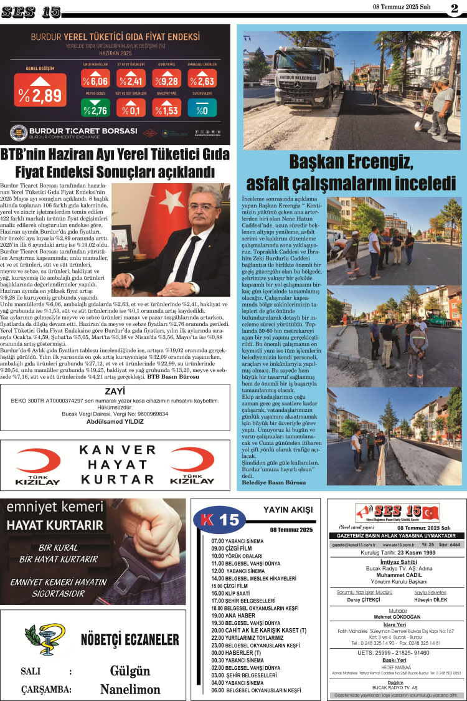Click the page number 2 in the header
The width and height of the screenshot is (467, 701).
click(455, 8)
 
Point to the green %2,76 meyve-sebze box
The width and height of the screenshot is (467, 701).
click(95, 110)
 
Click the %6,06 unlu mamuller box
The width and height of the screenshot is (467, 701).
click(95, 81)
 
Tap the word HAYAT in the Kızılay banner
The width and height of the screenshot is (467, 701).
click(116, 465)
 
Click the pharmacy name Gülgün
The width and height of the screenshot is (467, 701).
click(130, 671)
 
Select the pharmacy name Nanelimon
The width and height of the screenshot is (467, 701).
click(130, 689)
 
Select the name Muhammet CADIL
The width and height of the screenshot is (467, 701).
click(396, 575)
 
